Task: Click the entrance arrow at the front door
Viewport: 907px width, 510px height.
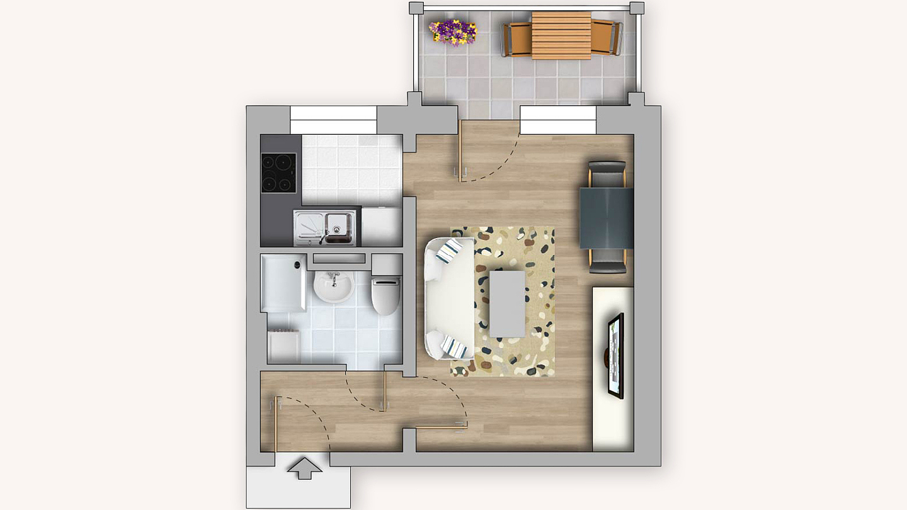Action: pos(304,468)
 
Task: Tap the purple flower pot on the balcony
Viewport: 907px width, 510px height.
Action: pos(453,31)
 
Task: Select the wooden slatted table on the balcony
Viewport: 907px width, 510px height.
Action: pos(561,35)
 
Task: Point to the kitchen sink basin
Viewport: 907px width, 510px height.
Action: pos(338,225)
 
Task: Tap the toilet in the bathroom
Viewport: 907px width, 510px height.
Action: pos(385,293)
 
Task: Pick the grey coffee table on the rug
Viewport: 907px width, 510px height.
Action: pos(507,303)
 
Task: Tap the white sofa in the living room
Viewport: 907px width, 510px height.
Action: pos(450,298)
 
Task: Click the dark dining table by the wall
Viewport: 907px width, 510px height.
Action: pos(606,218)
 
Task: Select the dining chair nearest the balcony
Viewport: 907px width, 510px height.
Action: pos(607,174)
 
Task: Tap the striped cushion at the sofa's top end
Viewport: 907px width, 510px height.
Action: pos(451,251)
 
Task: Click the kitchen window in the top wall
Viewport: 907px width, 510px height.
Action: pos(333,120)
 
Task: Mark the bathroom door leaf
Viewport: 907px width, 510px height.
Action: pos(384,390)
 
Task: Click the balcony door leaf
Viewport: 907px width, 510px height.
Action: pos(461,150)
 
